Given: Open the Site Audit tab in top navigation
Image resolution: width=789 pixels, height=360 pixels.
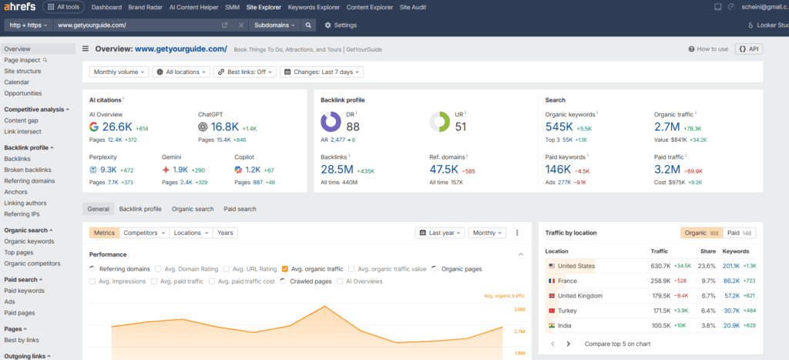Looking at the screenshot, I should pos(417,7).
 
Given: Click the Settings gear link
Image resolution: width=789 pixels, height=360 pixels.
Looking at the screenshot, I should pos(340,25).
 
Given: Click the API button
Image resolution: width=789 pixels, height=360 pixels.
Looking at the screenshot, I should pos(749,49).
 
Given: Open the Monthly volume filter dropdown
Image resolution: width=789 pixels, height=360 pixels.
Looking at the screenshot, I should pos(119,72).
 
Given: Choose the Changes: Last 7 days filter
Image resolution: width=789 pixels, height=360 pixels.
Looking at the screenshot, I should pos(321,72).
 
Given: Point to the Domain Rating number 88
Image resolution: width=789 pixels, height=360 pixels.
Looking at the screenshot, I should pos(353,126).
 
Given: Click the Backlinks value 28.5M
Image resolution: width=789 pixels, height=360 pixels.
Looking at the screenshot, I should pos(337,169).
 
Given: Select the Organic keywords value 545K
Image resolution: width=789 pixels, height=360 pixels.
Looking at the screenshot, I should pos(559,126).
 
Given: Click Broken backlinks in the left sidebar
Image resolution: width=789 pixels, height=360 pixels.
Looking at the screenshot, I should pos(28,170).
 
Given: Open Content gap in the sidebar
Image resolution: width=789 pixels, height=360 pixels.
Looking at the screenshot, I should pos(21,120).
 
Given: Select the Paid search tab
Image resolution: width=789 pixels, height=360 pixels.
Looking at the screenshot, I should pos(240,208).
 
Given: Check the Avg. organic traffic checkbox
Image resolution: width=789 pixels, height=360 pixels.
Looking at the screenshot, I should pos(285,269).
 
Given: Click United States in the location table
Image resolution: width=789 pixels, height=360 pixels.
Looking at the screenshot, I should pos(576,266).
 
